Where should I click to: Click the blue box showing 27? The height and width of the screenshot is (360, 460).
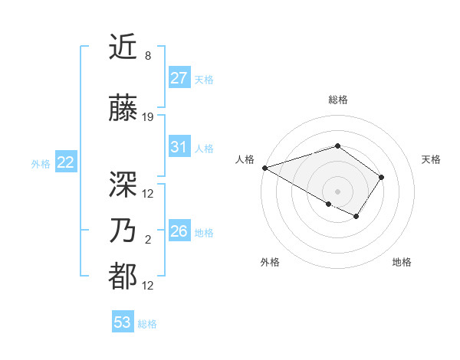point(179,78)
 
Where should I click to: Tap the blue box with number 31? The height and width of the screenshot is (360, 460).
point(179,147)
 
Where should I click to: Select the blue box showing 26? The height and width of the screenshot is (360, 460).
point(179,231)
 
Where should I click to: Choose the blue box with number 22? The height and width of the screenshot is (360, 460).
point(66,162)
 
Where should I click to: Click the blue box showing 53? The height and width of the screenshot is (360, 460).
point(123,322)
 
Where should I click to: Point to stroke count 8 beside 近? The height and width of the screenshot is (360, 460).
point(148,57)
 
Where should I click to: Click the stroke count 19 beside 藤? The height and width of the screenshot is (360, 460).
point(148,118)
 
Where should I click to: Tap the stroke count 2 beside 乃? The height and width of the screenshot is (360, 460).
point(148,241)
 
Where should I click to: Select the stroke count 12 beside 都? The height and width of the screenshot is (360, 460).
point(148,286)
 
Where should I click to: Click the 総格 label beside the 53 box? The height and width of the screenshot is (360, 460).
point(147,324)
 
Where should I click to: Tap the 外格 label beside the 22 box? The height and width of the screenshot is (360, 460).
point(41,163)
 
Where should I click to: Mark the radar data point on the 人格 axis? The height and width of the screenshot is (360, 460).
point(264,168)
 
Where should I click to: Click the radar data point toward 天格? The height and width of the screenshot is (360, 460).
point(382,177)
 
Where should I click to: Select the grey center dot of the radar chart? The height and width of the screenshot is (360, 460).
point(337,191)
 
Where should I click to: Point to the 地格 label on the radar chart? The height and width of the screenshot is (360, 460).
point(402,262)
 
